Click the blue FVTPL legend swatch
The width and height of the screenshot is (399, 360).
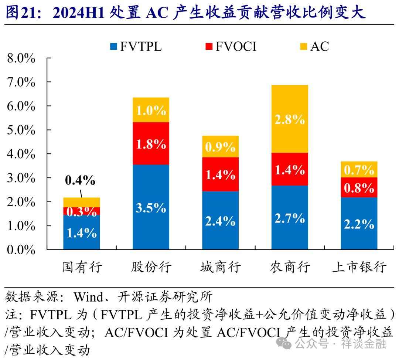pos(113,47)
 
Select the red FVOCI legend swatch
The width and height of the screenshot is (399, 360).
pos(209,47)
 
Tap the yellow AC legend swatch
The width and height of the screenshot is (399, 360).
pos(304,47)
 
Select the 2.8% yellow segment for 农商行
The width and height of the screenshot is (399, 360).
pos(290,119)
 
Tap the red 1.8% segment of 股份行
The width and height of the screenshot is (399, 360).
pos(151,143)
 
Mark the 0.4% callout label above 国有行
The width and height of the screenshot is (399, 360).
pos(80,180)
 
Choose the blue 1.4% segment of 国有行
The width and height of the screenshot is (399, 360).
pos(82,232)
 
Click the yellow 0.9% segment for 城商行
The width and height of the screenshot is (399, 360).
pos(220,147)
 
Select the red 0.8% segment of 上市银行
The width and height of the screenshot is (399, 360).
pos(359,188)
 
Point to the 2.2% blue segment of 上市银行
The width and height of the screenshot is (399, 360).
pos(359,224)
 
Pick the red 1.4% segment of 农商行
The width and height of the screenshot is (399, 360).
pos(290,169)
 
